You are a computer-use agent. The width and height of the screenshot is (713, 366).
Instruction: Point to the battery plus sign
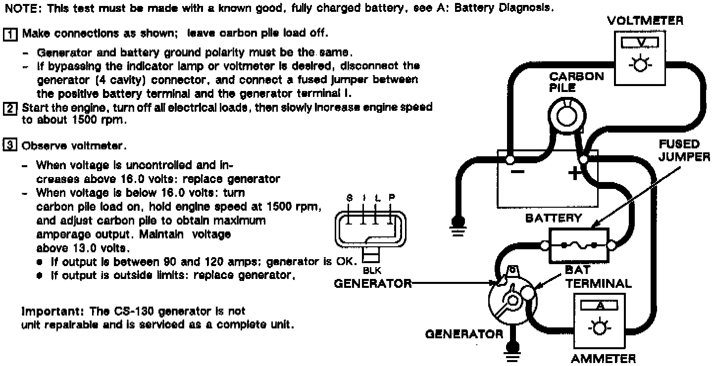pos(574,174)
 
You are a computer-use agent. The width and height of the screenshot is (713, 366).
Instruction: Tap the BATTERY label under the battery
pos(554,218)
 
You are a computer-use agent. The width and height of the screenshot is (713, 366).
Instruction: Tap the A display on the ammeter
pos(600,306)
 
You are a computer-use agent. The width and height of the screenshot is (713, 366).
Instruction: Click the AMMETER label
pos(603,359)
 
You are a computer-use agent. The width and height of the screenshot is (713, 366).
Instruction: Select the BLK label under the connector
pos(372,271)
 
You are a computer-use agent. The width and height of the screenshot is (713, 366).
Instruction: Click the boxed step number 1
pos(10,34)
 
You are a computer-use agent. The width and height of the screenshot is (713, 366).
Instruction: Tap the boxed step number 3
pos(10,146)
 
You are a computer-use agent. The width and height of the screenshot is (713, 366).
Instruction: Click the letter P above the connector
pos(392,197)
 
